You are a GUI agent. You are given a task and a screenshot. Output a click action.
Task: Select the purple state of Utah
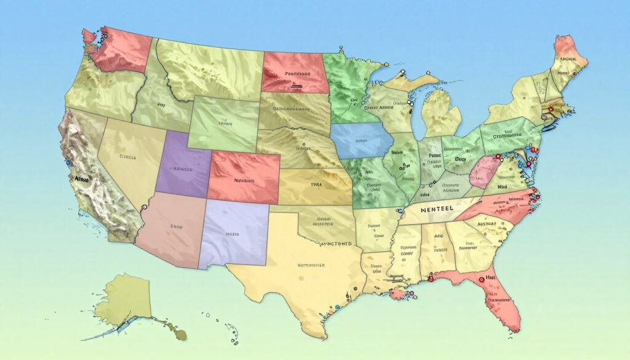[x=183, y=165]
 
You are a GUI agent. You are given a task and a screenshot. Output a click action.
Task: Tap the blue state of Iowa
[x=361, y=141]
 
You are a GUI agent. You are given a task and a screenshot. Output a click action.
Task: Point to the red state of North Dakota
[x=294, y=73]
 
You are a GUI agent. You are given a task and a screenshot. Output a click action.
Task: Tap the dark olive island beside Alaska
[x=179, y=333]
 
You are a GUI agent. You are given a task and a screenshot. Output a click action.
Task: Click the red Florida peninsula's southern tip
[x=509, y=323]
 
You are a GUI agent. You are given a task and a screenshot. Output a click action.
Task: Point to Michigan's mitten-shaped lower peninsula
[x=441, y=114]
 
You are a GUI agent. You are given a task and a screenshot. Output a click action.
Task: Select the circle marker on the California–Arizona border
[x=143, y=208]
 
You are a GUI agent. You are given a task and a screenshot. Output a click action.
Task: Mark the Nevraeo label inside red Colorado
[x=244, y=181]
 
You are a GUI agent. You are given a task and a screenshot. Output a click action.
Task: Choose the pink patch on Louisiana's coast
[x=396, y=294]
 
